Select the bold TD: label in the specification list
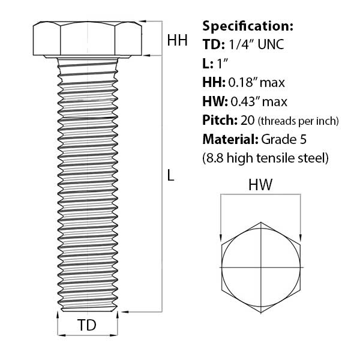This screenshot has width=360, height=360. click(214, 44)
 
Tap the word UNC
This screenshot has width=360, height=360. click(271, 44)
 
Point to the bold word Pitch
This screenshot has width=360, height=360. click(220, 121)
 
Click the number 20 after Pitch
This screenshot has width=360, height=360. click(247, 121)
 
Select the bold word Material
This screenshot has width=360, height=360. click(230, 139)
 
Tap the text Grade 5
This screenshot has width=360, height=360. click(284, 139)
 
